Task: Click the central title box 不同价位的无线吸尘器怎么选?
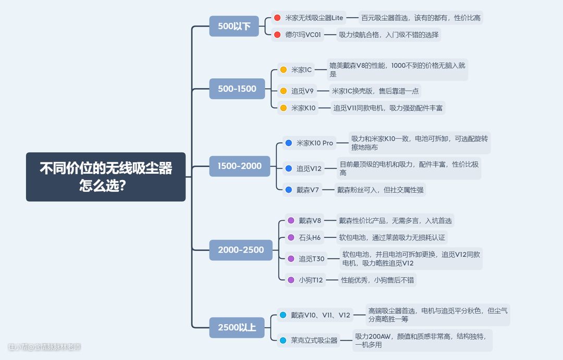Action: (106, 177)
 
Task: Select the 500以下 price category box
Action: (234, 26)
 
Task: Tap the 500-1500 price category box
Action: (237, 89)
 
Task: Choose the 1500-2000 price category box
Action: (239, 166)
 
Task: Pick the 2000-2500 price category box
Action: (241, 250)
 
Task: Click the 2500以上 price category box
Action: (237, 327)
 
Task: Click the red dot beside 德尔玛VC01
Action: (277, 35)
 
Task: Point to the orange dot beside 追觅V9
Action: (283, 91)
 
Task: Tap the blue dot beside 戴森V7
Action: (289, 190)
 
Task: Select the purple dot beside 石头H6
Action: (291, 237)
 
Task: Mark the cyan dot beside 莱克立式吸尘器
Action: (283, 340)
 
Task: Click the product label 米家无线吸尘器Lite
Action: (314, 18)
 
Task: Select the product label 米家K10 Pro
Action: (314, 143)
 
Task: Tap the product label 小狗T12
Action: (311, 280)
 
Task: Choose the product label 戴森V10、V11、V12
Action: (320, 315)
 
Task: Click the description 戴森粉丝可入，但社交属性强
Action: (380, 190)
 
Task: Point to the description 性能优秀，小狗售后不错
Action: (377, 280)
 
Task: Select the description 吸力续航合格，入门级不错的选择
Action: (388, 35)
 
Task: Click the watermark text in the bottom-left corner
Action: (44, 347)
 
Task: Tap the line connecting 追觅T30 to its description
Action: (334, 259)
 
